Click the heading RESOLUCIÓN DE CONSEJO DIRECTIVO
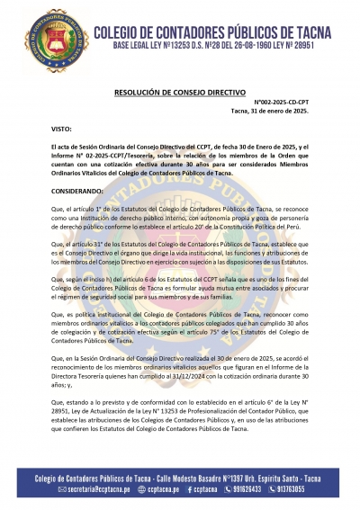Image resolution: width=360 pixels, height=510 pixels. coord(180,91)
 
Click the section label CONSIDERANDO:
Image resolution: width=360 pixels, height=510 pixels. coord(78,191)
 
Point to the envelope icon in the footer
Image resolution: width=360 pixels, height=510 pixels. coord(60,492)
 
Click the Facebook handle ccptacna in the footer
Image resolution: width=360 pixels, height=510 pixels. coord(201,492)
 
